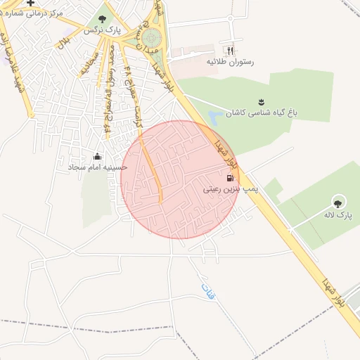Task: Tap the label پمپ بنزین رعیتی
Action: pyautogui.click(x=221, y=189)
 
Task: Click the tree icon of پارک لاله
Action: pyautogui.click(x=338, y=201)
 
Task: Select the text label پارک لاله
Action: pyautogui.click(x=337, y=213)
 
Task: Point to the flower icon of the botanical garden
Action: pyautogui.click(x=262, y=102)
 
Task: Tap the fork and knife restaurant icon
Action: pyautogui.click(x=229, y=51)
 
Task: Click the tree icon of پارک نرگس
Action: pyautogui.click(x=103, y=19)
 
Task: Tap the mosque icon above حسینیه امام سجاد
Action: pyautogui.click(x=97, y=156)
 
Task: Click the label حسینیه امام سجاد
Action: pyautogui.click(x=97, y=167)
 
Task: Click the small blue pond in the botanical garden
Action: pyautogui.click(x=214, y=117)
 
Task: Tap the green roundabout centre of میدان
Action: pyautogui.click(x=152, y=36)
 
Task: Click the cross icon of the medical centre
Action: pyautogui.click(x=30, y=3)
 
